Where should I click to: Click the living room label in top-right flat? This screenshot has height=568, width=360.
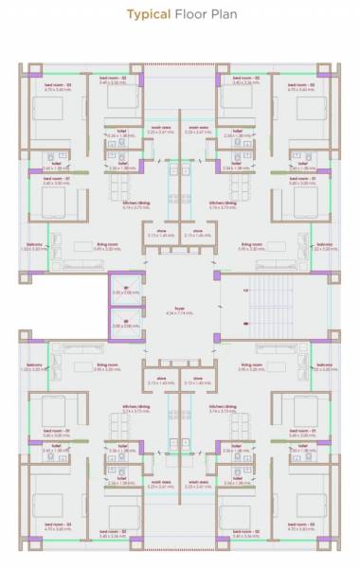(250, 245)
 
